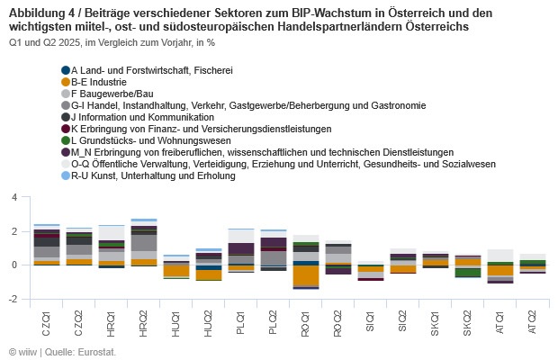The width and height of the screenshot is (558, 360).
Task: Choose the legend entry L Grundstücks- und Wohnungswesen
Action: pyautogui.click(x=144, y=140)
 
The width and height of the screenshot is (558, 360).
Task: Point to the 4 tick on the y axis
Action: pyautogui.click(x=13, y=197)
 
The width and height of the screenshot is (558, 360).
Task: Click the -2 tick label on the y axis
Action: pyautogui.click(x=11, y=299)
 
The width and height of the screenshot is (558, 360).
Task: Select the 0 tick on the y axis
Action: pyautogui.click(x=13, y=265)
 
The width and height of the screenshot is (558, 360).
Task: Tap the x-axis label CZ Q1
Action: pyautogui.click(x=46, y=320)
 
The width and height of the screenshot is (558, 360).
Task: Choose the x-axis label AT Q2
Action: pyautogui.click(x=533, y=320)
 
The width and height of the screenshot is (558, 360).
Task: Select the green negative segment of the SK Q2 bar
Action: pyautogui.click(x=466, y=272)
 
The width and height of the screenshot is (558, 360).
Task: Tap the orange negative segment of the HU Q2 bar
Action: pyautogui.click(x=209, y=275)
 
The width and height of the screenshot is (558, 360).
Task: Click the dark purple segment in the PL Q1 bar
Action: pyautogui.click(x=241, y=249)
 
